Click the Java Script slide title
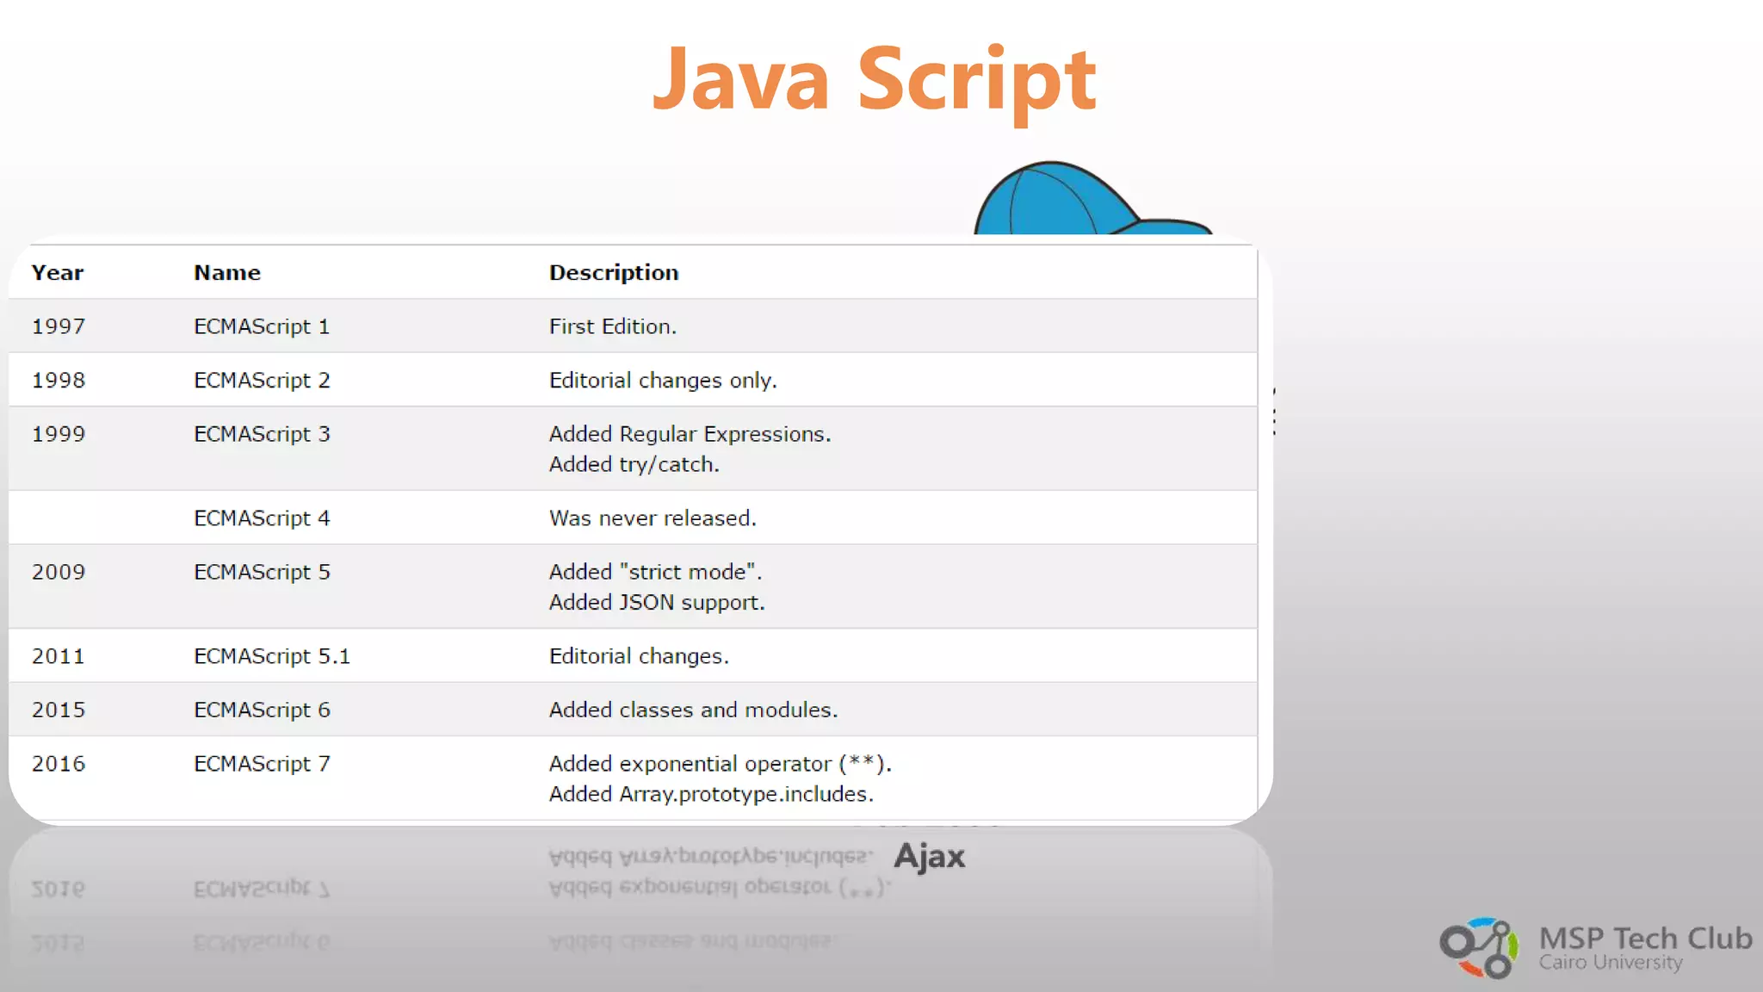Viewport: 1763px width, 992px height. (x=874, y=79)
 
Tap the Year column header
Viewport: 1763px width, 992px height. (x=58, y=273)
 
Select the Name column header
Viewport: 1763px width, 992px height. (x=227, y=273)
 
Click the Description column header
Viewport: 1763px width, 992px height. (x=614, y=273)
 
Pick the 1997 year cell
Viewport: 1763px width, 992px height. (x=59, y=326)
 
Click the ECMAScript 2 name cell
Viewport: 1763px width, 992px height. (x=262, y=381)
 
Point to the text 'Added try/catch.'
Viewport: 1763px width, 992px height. (x=634, y=464)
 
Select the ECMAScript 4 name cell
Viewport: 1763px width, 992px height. (x=262, y=518)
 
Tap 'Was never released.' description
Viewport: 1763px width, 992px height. (x=653, y=518)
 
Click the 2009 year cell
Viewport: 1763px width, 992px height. (x=59, y=572)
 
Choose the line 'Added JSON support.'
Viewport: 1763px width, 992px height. (x=657, y=602)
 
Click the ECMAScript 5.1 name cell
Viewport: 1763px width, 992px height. (x=272, y=656)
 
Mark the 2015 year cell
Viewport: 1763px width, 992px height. (x=59, y=710)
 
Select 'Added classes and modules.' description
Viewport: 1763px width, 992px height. (x=693, y=710)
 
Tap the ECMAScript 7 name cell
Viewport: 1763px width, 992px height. (x=262, y=764)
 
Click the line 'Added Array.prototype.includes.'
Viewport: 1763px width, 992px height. (x=711, y=794)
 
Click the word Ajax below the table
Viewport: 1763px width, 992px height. (x=930, y=856)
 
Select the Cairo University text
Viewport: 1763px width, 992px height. (x=1611, y=963)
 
